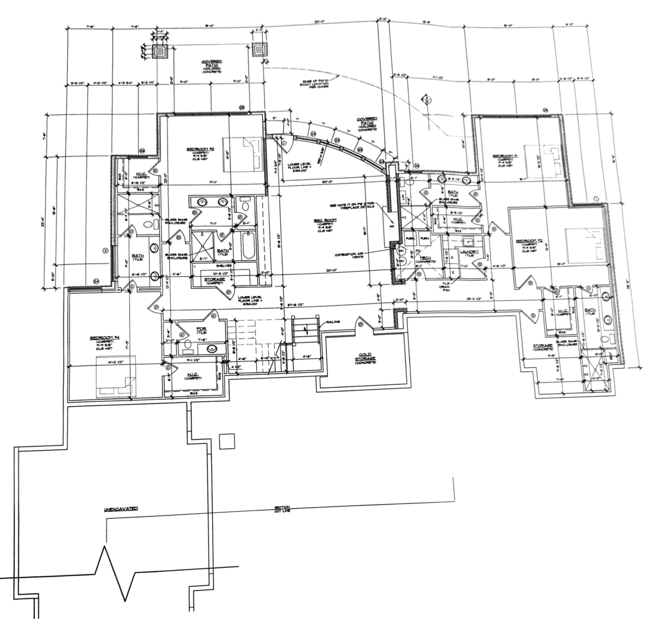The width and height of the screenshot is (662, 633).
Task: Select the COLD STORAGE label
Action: [365, 356]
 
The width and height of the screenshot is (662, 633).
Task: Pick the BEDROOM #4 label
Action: [101, 338]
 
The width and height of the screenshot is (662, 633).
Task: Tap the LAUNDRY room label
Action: [469, 251]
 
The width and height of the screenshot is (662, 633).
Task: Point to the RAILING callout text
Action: [333, 321]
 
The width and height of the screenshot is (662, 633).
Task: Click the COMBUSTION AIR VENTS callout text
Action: [350, 255]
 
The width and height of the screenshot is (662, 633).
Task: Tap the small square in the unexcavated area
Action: [227, 441]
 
